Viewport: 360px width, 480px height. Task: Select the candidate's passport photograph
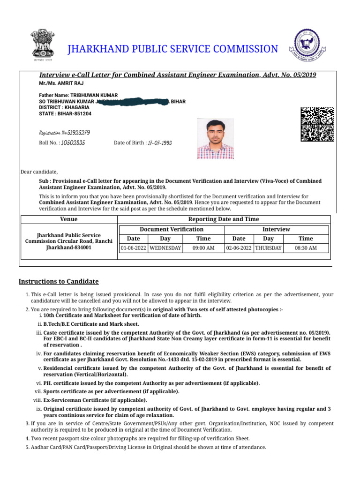[215, 139]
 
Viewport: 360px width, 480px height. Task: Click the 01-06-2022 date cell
[134, 248]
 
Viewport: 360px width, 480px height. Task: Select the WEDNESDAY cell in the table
[165, 248]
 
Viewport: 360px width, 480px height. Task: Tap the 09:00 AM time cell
[203, 248]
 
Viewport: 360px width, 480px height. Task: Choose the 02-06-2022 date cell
[239, 248]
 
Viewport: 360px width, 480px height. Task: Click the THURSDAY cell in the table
[268, 248]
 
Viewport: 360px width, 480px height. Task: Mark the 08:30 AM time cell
[306, 248]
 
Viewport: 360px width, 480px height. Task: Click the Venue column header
[69, 219]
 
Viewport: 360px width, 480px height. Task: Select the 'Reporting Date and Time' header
[223, 219]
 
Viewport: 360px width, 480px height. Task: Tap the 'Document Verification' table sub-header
[172, 229]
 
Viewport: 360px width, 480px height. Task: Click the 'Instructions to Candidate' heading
[59, 281]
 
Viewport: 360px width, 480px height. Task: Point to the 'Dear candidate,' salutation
[39, 172]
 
